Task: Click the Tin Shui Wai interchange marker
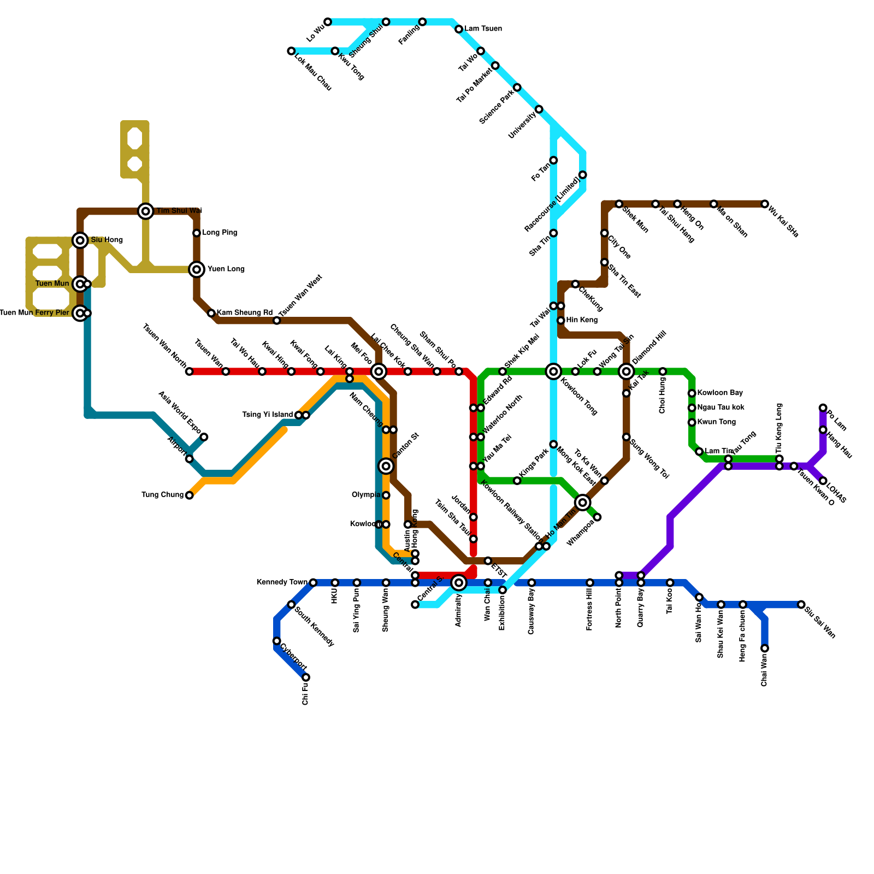click(x=145, y=211)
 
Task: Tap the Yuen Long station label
click(x=226, y=269)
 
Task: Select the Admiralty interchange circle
click(x=459, y=583)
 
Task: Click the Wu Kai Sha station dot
click(x=765, y=204)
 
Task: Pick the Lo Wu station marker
click(x=328, y=22)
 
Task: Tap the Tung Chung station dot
click(x=189, y=495)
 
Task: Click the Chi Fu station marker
click(x=306, y=677)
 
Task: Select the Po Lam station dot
click(x=823, y=408)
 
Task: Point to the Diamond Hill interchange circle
click(x=627, y=371)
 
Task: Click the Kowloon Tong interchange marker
click(x=553, y=371)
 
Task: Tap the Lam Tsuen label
click(x=483, y=29)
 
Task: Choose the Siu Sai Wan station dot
click(x=801, y=605)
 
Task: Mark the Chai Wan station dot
click(x=765, y=648)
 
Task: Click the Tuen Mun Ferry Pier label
click(x=34, y=313)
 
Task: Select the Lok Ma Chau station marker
click(x=291, y=51)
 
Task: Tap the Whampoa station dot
click(x=597, y=517)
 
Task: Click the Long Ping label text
click(x=220, y=233)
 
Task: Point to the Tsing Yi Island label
click(x=267, y=415)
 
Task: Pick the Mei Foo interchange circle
click(x=379, y=371)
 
